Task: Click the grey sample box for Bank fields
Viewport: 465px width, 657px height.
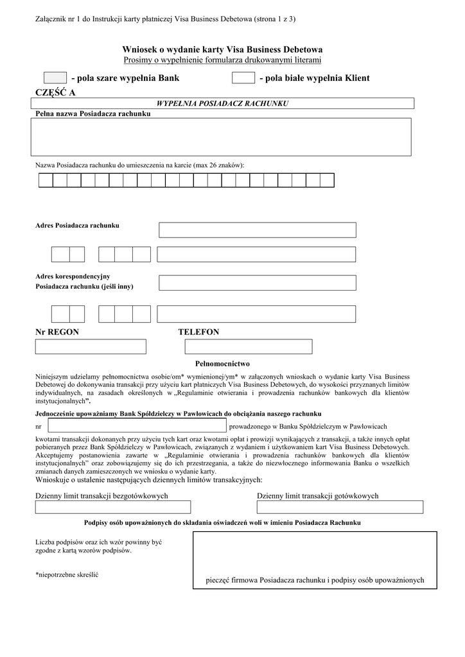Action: pyautogui.click(x=55, y=78)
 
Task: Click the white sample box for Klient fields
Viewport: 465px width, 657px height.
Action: pyautogui.click(x=243, y=78)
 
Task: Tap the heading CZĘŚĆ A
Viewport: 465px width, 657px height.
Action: pyautogui.click(x=55, y=92)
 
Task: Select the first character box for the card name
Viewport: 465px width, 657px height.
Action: pyautogui.click(x=46, y=180)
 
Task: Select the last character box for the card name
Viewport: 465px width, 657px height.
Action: pyautogui.click(x=327, y=180)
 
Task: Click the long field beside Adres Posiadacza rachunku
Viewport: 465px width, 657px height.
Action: pyautogui.click(x=258, y=230)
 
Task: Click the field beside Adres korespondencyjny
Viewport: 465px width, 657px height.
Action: pyautogui.click(x=258, y=282)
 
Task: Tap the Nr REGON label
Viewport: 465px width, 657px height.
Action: pyautogui.click(x=57, y=332)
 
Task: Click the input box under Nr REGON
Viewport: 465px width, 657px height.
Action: pyautogui.click(x=91, y=346)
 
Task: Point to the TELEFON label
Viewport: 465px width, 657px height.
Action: pyautogui.click(x=198, y=332)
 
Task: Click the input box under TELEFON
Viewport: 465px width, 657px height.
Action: pyautogui.click(x=249, y=346)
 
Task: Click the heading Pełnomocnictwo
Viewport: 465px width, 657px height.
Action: pyautogui.click(x=222, y=364)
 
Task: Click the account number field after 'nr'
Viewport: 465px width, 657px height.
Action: pyautogui.click(x=137, y=425)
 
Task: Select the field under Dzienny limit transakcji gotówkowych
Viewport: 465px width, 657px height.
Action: pyautogui.click(x=340, y=507)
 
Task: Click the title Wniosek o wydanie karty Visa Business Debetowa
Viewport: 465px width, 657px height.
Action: pyautogui.click(x=222, y=49)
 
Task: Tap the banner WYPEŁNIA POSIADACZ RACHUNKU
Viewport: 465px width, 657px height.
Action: pyautogui.click(x=222, y=103)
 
